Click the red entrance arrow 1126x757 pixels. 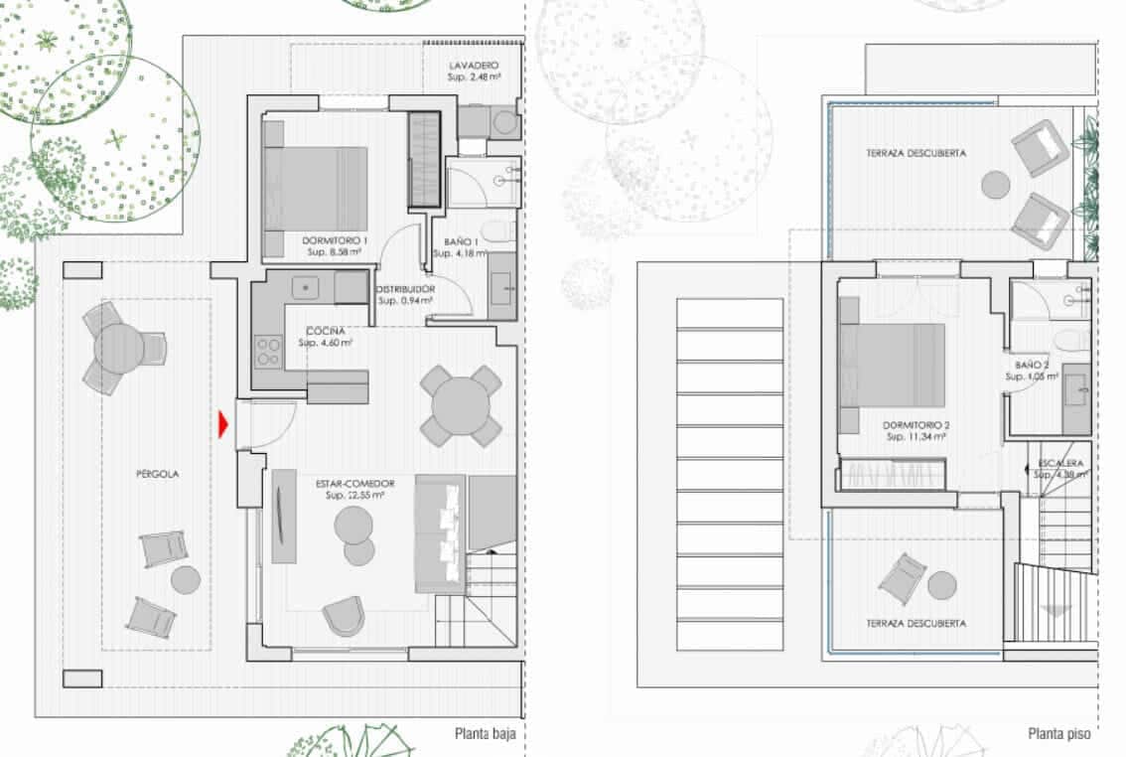(x=223, y=425)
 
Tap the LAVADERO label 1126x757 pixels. (x=474, y=66)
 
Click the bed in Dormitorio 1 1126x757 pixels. (x=315, y=189)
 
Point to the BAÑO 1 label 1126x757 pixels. (x=460, y=241)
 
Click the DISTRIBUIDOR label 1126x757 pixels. (x=405, y=290)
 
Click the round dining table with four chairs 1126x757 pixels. (x=460, y=405)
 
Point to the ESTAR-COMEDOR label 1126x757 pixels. (x=354, y=484)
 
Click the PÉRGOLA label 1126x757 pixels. (x=157, y=475)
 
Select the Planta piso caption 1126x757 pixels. (x=1058, y=735)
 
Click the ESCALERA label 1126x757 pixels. (x=1059, y=463)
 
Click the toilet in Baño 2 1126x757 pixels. (x=1072, y=341)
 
